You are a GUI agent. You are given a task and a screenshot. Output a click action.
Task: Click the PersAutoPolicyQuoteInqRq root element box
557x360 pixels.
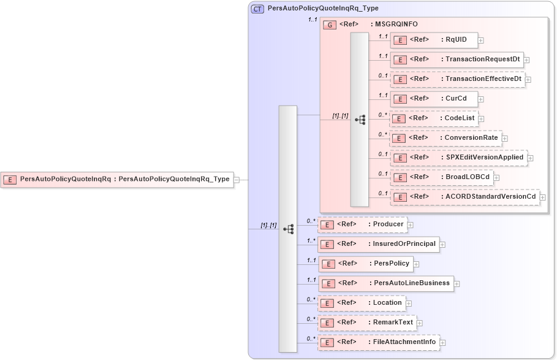pyautogui.click(x=117, y=180)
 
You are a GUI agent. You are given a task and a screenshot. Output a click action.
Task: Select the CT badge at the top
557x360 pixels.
pyautogui.click(x=258, y=9)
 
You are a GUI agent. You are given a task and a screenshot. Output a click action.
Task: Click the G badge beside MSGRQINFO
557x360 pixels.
pyautogui.click(x=330, y=25)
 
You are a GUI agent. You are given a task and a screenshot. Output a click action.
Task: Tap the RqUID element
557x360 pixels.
pyautogui.click(x=434, y=40)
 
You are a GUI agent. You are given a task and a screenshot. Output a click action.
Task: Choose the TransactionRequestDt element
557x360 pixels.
pyautogui.click(x=457, y=59)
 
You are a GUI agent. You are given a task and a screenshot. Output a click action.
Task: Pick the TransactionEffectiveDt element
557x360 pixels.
pyautogui.click(x=458, y=79)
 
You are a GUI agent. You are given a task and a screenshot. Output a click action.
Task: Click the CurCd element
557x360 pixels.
pyautogui.click(x=434, y=99)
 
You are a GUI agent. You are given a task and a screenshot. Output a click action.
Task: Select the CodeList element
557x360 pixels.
pyautogui.click(x=433, y=118)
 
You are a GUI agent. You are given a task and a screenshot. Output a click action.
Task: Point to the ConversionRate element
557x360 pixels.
pyautogui.click(x=445, y=138)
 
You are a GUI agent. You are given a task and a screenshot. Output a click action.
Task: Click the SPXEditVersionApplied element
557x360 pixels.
pyautogui.click(x=458, y=158)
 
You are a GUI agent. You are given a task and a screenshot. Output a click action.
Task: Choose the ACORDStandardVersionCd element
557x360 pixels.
pyautogui.click(x=464, y=197)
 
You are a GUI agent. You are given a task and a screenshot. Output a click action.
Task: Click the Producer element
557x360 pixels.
pyautogui.click(x=362, y=224)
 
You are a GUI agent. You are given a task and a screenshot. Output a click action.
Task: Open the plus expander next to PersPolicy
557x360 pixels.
pyautogui.click(x=416, y=264)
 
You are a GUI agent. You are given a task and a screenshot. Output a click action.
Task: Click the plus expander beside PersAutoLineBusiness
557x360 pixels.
pyautogui.click(x=457, y=284)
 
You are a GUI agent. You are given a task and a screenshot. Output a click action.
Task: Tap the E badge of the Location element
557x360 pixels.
pyautogui.click(x=327, y=303)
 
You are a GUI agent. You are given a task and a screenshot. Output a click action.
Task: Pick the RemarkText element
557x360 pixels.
pyautogui.click(x=366, y=323)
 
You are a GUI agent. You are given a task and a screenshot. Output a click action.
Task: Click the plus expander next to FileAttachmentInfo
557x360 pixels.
pyautogui.click(x=443, y=343)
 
